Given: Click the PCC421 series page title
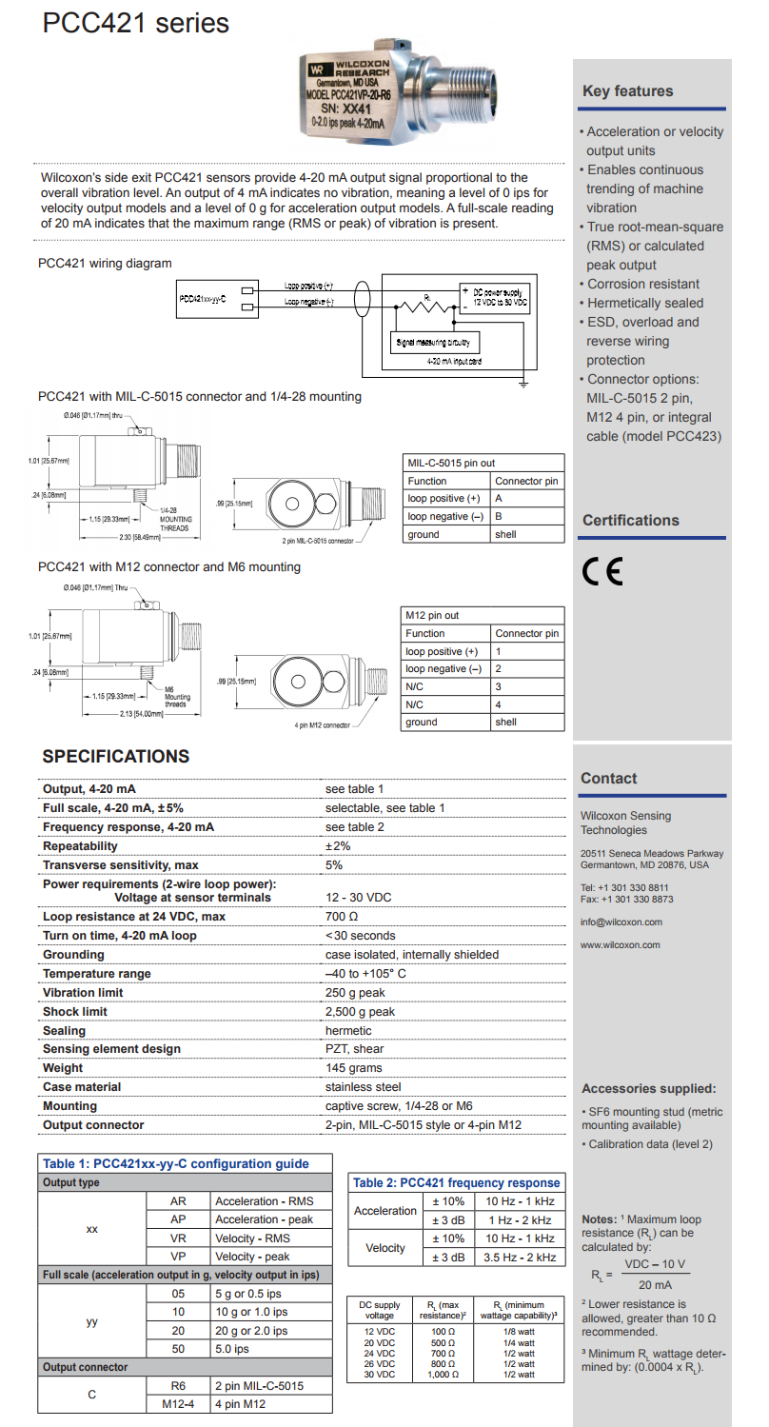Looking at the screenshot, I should [x=135, y=23].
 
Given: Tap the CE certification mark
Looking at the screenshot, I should [x=602, y=570].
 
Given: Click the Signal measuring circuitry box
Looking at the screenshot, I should [x=437, y=341].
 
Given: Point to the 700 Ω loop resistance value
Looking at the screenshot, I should [x=342, y=917].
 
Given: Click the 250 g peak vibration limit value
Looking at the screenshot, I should [x=355, y=993].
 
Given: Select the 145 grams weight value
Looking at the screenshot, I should [x=353, y=1068].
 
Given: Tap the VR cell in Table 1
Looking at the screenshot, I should [x=177, y=1239].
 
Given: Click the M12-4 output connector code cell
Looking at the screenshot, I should [x=177, y=1404].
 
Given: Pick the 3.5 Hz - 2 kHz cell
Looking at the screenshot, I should [x=520, y=1258].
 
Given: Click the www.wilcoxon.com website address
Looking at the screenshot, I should [x=620, y=944].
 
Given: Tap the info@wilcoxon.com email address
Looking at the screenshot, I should [x=621, y=922].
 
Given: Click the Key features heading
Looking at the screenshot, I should [x=627, y=91].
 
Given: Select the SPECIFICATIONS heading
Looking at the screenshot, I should [x=116, y=757].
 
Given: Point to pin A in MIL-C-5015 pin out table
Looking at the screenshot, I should [x=499, y=499].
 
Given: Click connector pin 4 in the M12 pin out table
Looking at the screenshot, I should [x=497, y=704].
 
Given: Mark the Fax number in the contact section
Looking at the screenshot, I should [x=626, y=899].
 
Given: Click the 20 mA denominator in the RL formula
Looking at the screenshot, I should [x=655, y=1284].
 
